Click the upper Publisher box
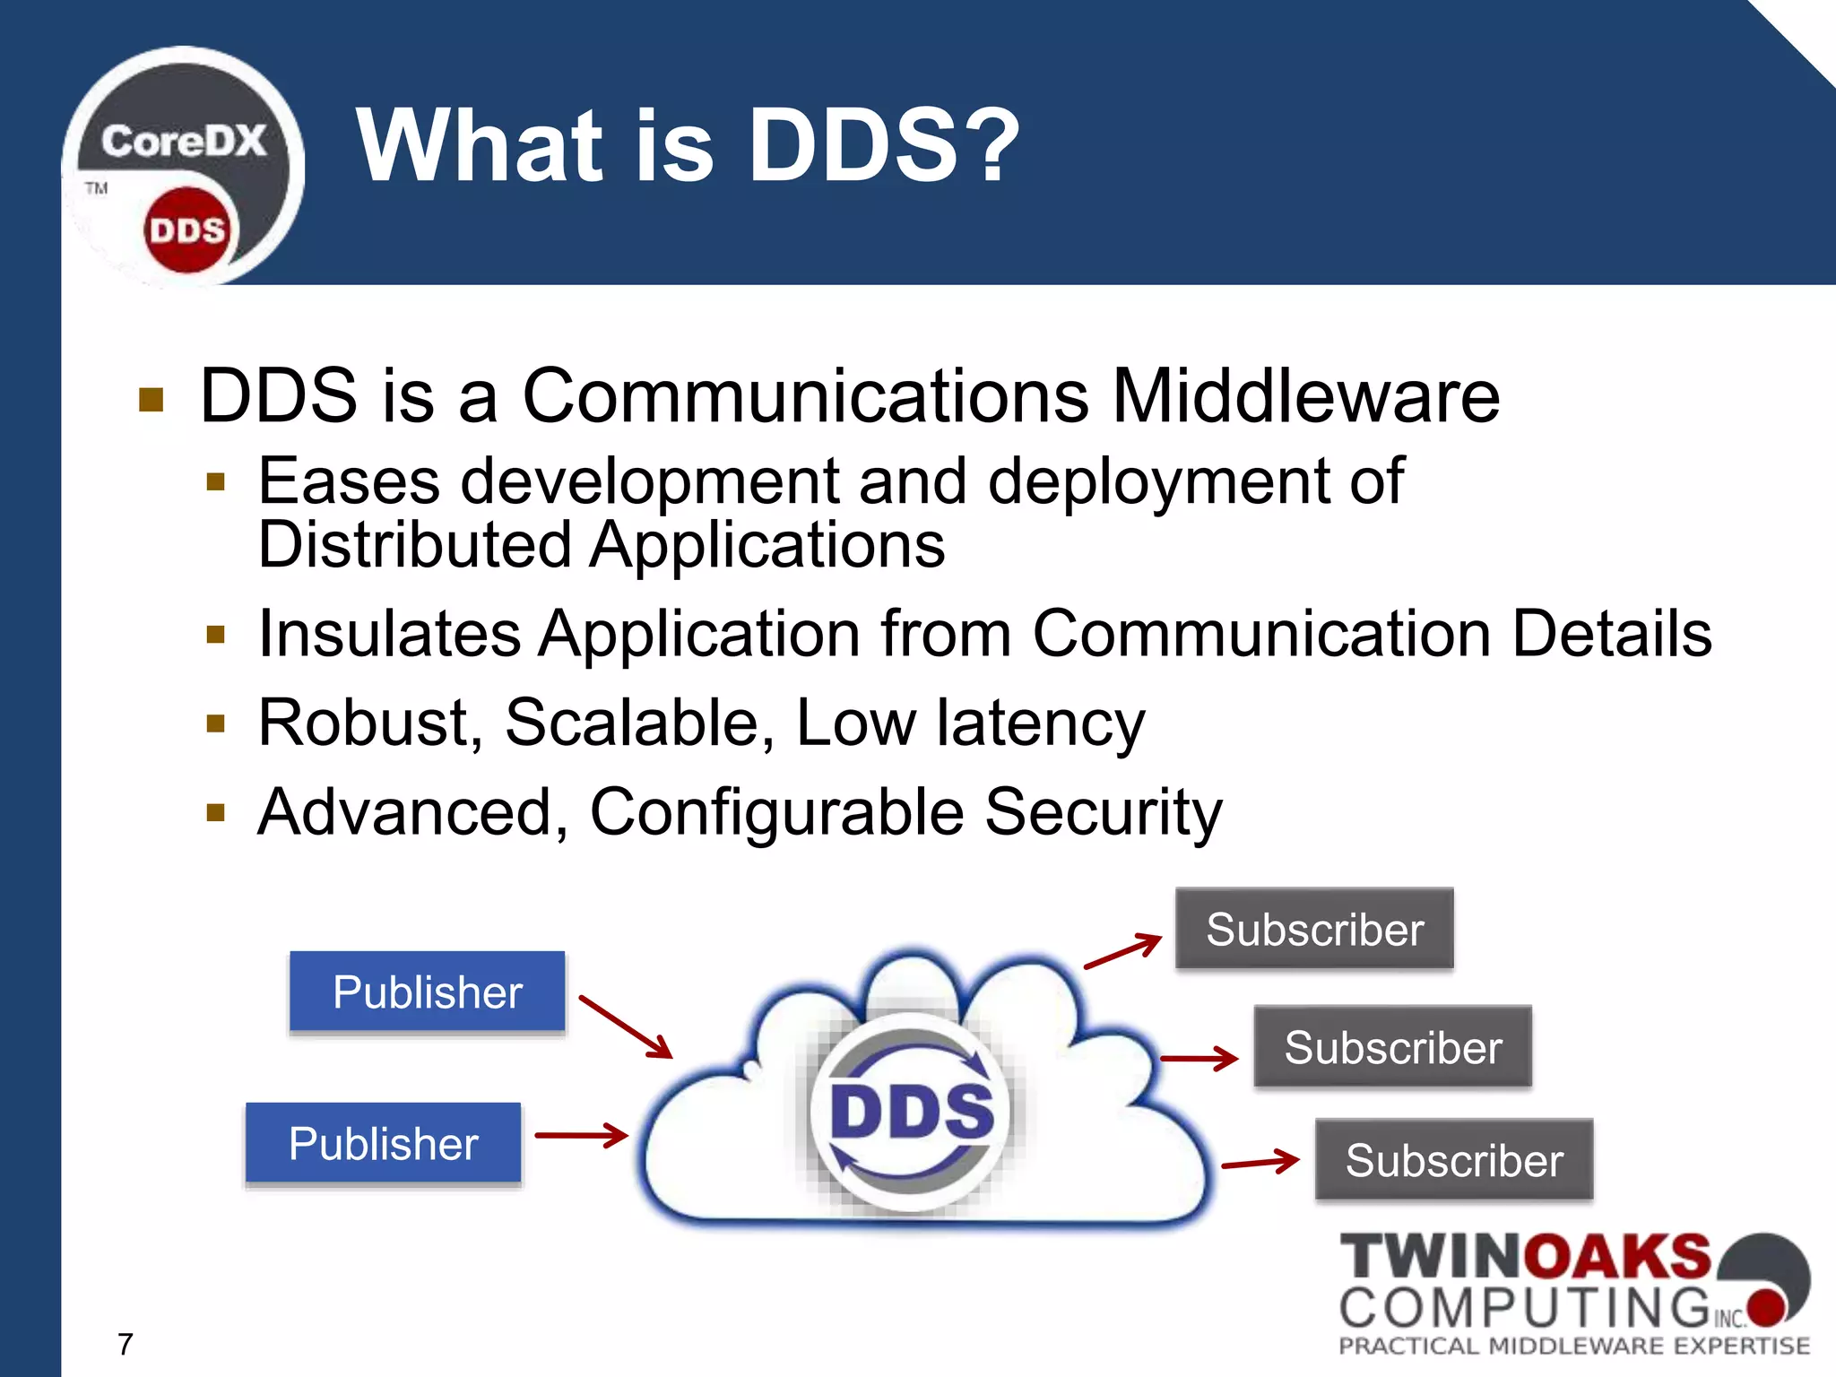coord(427,992)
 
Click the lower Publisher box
coord(383,1143)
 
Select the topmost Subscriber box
coord(1314,929)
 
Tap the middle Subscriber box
coord(1392,1047)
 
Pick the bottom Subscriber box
coord(1453,1160)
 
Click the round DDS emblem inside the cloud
coord(911,1112)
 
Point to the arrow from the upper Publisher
coord(626,1026)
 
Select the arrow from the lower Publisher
coord(581,1135)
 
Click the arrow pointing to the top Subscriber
coord(1122,951)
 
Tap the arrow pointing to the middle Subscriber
coord(1199,1058)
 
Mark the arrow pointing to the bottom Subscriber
coord(1260,1163)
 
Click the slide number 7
coord(126,1344)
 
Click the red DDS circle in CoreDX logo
coord(186,230)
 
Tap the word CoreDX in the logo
coord(184,142)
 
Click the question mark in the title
coord(993,145)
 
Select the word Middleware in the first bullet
coord(1305,396)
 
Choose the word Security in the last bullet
coord(1103,812)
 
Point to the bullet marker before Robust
coord(215,723)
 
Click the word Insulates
coord(389,634)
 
